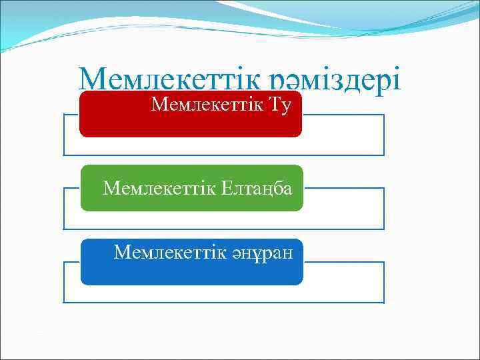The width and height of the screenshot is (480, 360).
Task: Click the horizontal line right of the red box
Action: tap(343, 115)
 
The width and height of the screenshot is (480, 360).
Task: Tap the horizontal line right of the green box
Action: tap(343, 189)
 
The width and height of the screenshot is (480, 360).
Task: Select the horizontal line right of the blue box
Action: tap(343, 262)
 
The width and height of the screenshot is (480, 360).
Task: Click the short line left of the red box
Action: tap(71, 115)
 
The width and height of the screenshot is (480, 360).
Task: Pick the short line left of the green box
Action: tap(72, 189)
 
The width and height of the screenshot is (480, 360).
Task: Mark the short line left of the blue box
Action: tap(72, 262)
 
